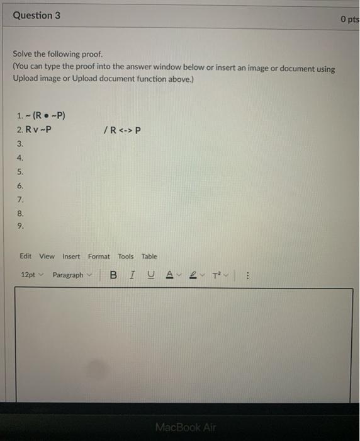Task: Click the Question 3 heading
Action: [x=37, y=15]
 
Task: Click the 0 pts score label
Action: [x=349, y=19]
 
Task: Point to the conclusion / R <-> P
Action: [x=121, y=130]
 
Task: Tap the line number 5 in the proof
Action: [x=20, y=171]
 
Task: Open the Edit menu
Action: [x=25, y=256]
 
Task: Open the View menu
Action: [x=47, y=256]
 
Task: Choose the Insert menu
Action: [x=71, y=256]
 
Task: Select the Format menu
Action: [x=99, y=256]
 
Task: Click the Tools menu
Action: [x=126, y=256]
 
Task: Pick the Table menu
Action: [x=149, y=256]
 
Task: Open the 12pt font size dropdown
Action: [x=32, y=275]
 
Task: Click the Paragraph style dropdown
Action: [x=72, y=275]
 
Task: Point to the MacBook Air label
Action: [x=185, y=427]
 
